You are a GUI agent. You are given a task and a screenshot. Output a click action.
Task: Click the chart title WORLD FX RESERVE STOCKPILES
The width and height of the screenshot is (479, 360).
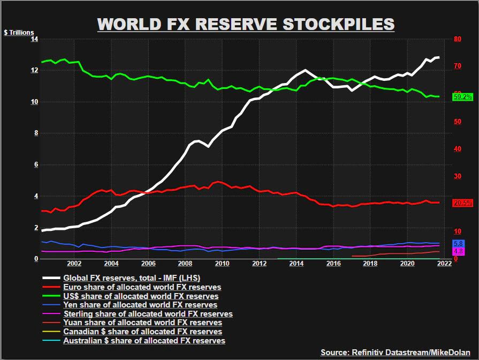click(246, 24)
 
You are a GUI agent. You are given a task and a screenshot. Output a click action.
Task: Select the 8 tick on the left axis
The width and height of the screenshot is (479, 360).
click(36, 133)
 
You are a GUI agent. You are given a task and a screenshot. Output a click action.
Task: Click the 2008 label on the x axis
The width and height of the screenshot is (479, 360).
click(185, 264)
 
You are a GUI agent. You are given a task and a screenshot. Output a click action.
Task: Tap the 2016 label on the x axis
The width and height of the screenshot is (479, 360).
click(333, 264)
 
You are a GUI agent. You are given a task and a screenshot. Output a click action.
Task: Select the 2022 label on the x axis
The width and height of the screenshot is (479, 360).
click(444, 264)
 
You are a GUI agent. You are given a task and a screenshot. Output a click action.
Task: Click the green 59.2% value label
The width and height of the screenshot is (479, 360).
click(462, 97)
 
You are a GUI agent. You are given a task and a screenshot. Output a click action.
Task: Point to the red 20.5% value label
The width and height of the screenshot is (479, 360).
click(462, 203)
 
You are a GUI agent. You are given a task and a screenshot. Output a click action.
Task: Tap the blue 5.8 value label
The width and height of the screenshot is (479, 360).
click(458, 244)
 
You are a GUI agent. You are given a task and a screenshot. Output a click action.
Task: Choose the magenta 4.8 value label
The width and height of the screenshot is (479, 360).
click(458, 251)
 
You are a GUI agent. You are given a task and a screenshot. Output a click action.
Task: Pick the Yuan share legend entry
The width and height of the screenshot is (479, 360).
click(142, 322)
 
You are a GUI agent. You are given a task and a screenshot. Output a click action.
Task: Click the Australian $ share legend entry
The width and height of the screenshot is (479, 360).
click(144, 340)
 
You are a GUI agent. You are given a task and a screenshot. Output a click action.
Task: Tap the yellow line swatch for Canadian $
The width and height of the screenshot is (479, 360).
click(51, 332)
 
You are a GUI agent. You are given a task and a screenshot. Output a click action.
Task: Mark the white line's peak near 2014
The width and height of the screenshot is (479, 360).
click(305, 70)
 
